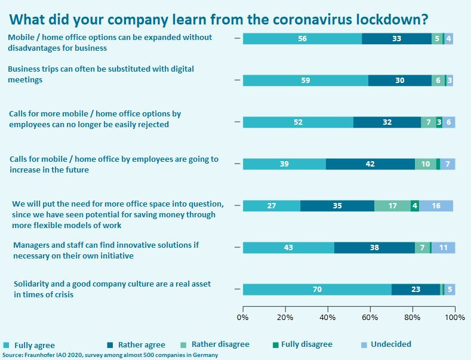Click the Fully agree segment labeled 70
[317, 290]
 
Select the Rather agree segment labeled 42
[370, 164]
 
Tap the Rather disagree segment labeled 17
[392, 205]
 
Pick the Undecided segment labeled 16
[436, 205]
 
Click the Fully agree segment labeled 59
[305, 80]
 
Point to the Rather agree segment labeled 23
[415, 290]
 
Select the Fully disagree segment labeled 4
[414, 205]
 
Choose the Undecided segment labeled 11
[443, 247]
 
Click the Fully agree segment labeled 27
[271, 205]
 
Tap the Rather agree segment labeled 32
[387, 122]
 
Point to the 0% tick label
[243, 317]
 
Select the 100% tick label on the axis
[454, 317]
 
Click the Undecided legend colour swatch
[364, 344]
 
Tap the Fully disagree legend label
[306, 344]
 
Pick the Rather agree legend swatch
[111, 345]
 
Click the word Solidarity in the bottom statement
[33, 284]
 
